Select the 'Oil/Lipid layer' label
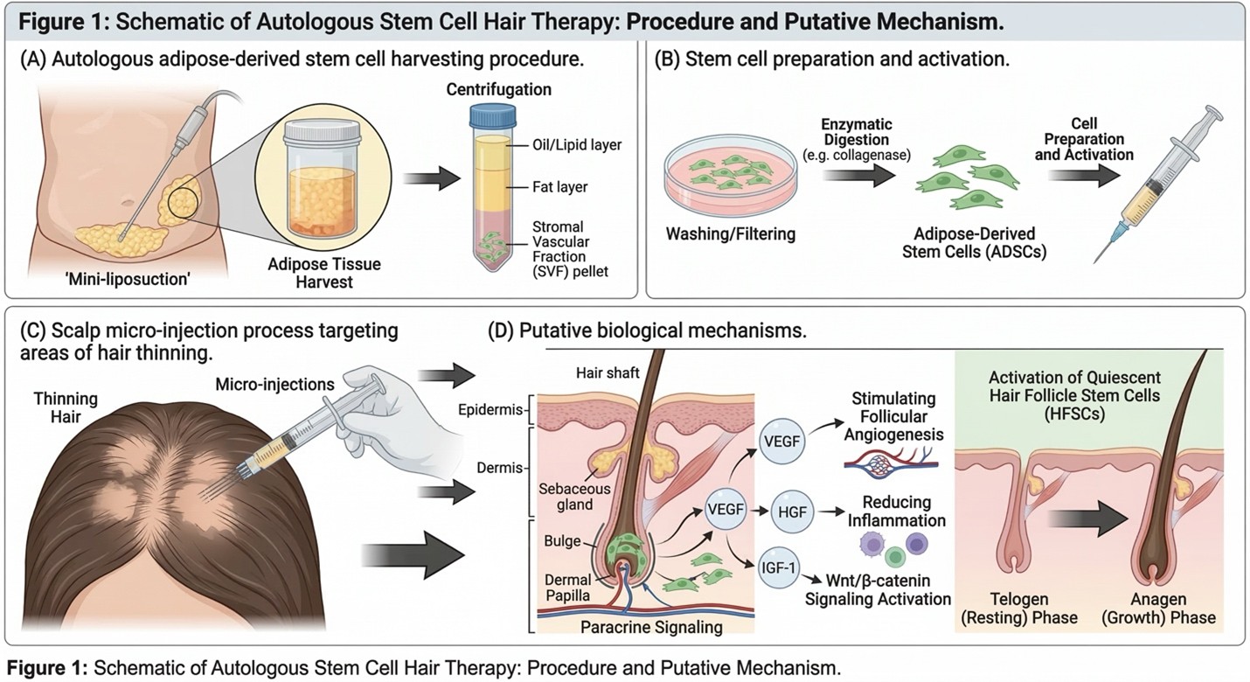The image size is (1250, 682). tap(577, 145)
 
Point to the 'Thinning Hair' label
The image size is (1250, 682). tap(66, 407)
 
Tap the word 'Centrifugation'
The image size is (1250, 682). tap(498, 90)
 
